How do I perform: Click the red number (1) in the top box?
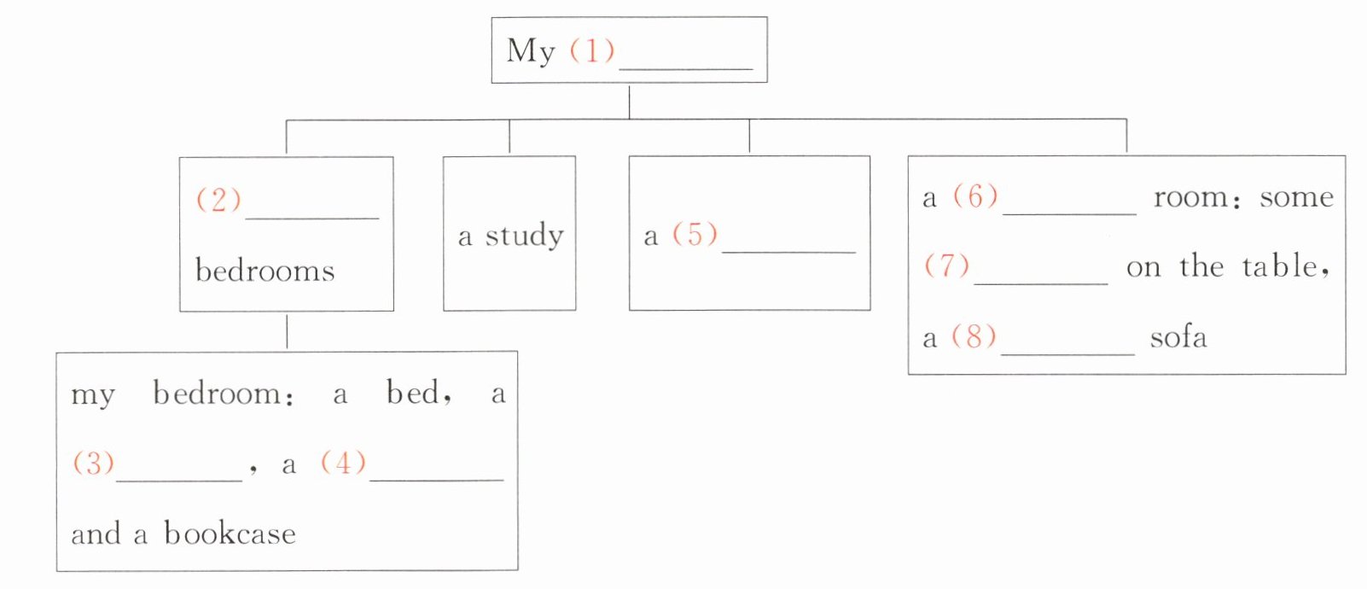[x=591, y=50]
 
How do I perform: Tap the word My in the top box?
[x=531, y=51]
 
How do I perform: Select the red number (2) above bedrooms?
[x=218, y=200]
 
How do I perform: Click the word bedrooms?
[x=265, y=271]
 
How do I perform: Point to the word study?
[x=524, y=236]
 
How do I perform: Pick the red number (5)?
[x=695, y=234]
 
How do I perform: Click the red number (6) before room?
[x=975, y=196]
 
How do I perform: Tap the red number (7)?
[x=946, y=265]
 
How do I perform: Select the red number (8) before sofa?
[x=974, y=336]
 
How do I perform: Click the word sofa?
[x=1178, y=337]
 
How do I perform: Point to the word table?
[x=1280, y=266]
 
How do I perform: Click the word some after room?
[x=1295, y=197]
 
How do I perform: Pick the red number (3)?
[x=93, y=463]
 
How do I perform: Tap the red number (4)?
[x=343, y=463]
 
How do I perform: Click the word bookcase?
[x=230, y=534]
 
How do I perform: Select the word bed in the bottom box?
[x=413, y=393]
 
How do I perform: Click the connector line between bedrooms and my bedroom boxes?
[x=287, y=331]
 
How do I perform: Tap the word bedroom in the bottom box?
[x=217, y=394]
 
